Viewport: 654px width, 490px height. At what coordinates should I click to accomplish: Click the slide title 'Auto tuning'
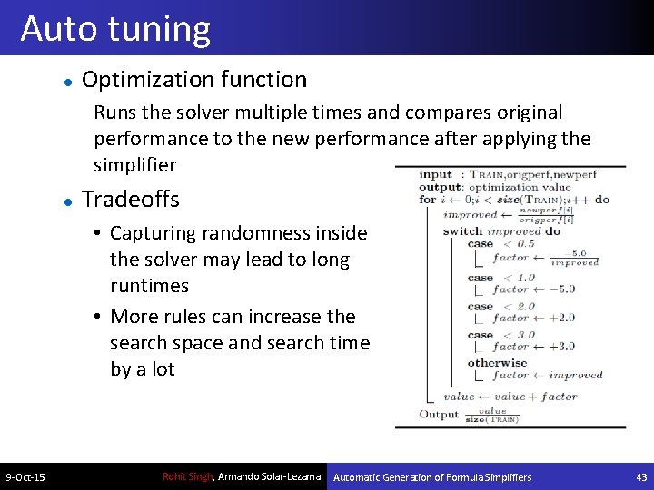(115, 29)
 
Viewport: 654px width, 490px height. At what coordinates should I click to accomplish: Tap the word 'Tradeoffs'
(131, 200)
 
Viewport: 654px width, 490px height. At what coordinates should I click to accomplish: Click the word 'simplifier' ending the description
(134, 165)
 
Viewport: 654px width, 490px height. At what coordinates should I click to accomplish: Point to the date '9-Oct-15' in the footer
(25, 477)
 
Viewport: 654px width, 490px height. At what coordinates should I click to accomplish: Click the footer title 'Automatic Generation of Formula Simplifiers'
(432, 477)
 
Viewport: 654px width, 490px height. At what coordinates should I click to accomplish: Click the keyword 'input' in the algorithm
(435, 174)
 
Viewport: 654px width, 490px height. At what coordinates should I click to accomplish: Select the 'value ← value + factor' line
(510, 397)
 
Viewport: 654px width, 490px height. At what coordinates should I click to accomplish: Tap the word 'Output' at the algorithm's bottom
(439, 415)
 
